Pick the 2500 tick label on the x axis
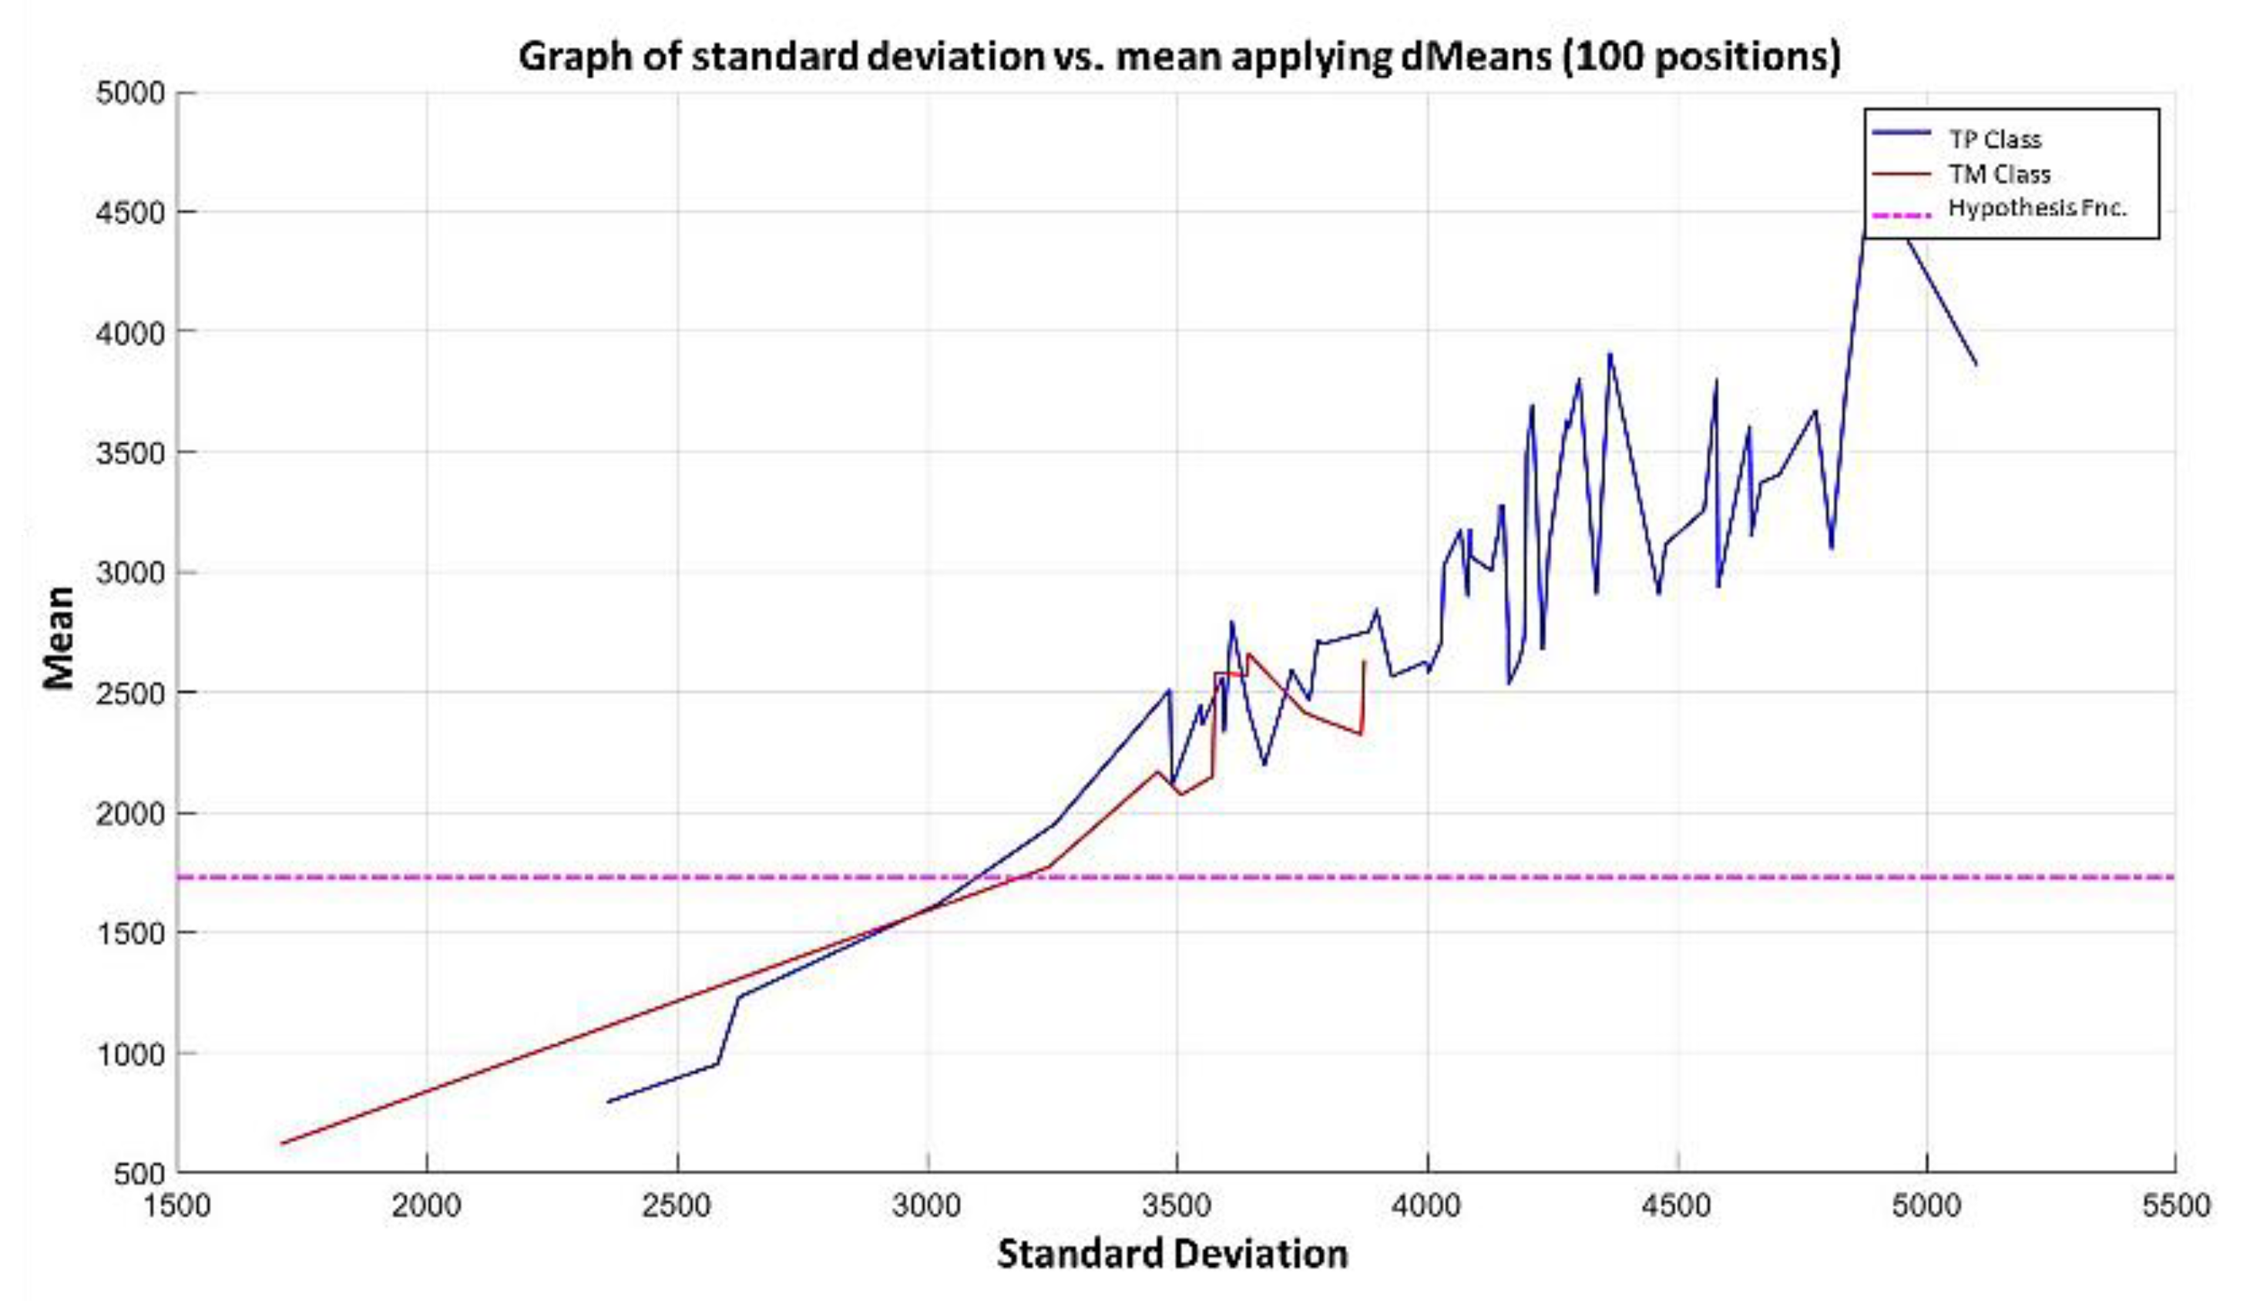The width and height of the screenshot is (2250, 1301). click(677, 1205)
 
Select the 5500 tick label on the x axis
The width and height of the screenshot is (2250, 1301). click(2176, 1205)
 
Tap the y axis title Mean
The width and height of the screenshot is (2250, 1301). click(59, 637)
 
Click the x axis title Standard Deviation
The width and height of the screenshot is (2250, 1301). click(1171, 1255)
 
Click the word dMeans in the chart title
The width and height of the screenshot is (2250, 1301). click(1458, 57)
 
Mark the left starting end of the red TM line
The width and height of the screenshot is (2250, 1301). click(281, 1143)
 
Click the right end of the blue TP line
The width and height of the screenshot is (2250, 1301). click(1976, 365)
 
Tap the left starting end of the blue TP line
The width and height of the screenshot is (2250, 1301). click(607, 1102)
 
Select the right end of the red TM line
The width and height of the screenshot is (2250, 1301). click(1363, 661)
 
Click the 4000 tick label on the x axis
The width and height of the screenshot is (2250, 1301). click(1427, 1205)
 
